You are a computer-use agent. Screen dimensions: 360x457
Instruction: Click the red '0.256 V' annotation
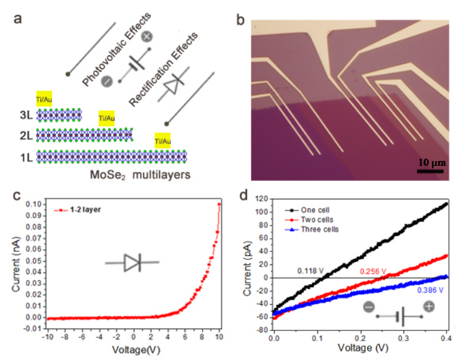click(373, 271)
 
